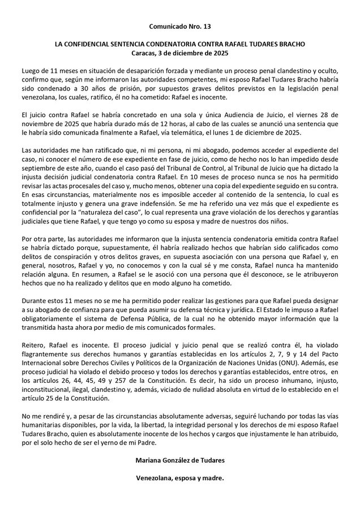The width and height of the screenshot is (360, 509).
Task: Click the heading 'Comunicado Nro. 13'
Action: click(x=179, y=27)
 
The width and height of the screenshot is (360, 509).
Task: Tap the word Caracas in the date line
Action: click(x=144, y=53)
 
